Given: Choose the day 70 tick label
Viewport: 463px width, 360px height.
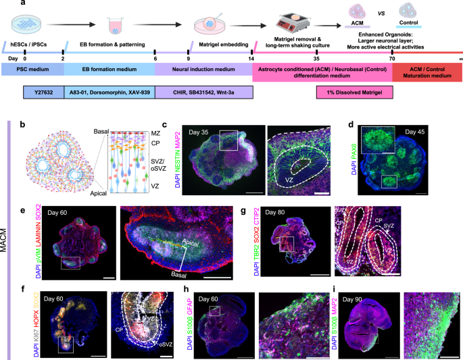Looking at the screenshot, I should [391, 59].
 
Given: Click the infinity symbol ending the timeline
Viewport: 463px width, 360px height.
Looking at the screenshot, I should [460, 59].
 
